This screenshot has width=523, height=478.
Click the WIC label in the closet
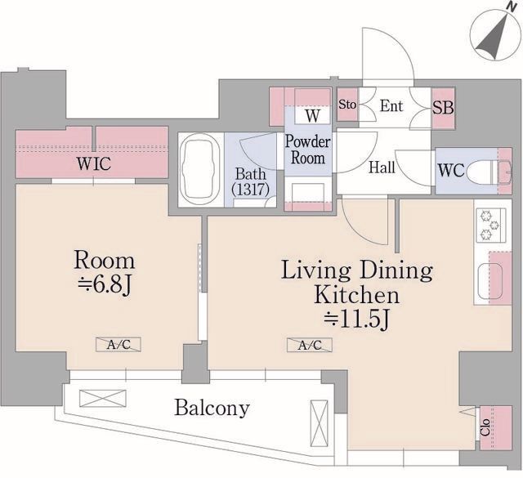coord(94,163)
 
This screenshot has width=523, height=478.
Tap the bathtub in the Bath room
coord(199,169)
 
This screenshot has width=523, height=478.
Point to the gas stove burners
coord(489,225)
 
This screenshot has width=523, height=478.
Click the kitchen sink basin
coord(489,281)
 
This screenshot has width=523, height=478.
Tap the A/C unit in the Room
coord(118,345)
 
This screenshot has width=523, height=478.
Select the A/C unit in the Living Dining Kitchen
coord(310,345)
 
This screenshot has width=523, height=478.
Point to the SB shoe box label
coord(443,108)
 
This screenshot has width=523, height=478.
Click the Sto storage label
coord(347,105)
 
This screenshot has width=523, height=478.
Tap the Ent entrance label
coord(391,106)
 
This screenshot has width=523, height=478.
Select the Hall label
coord(382,168)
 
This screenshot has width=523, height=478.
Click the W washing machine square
coord(312,115)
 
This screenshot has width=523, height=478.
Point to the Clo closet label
coord(485,427)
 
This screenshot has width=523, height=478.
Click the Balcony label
coord(212,408)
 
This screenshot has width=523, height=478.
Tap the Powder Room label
coord(307,150)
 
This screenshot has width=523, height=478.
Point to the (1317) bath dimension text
coord(251,190)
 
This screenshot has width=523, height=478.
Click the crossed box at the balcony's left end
coord(103,398)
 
